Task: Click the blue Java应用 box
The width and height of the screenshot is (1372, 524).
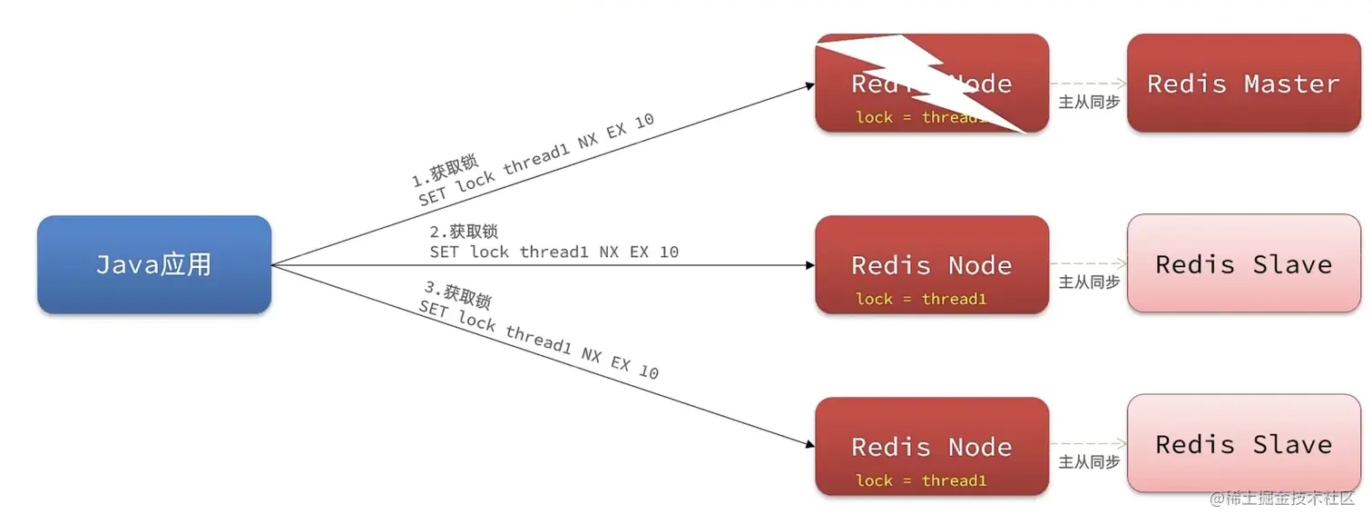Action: click(x=154, y=264)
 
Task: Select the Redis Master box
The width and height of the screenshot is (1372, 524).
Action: click(x=1243, y=84)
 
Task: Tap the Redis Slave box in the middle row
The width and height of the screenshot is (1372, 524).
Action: click(x=1243, y=264)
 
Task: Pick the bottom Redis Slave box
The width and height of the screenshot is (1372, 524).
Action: click(x=1243, y=444)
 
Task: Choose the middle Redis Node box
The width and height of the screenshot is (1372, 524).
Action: click(x=932, y=264)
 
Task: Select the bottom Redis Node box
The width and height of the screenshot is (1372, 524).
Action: click(x=932, y=446)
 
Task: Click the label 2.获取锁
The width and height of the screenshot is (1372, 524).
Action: click(x=464, y=232)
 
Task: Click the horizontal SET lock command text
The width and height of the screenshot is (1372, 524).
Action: click(x=554, y=252)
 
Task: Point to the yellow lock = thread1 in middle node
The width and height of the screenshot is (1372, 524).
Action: click(x=920, y=299)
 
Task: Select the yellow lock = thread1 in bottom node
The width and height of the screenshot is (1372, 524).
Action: click(x=920, y=480)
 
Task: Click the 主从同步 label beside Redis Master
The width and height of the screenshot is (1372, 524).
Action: click(x=1089, y=102)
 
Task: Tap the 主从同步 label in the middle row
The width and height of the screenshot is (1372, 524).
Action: click(x=1089, y=282)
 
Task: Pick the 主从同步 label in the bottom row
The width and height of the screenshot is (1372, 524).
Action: click(x=1089, y=462)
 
